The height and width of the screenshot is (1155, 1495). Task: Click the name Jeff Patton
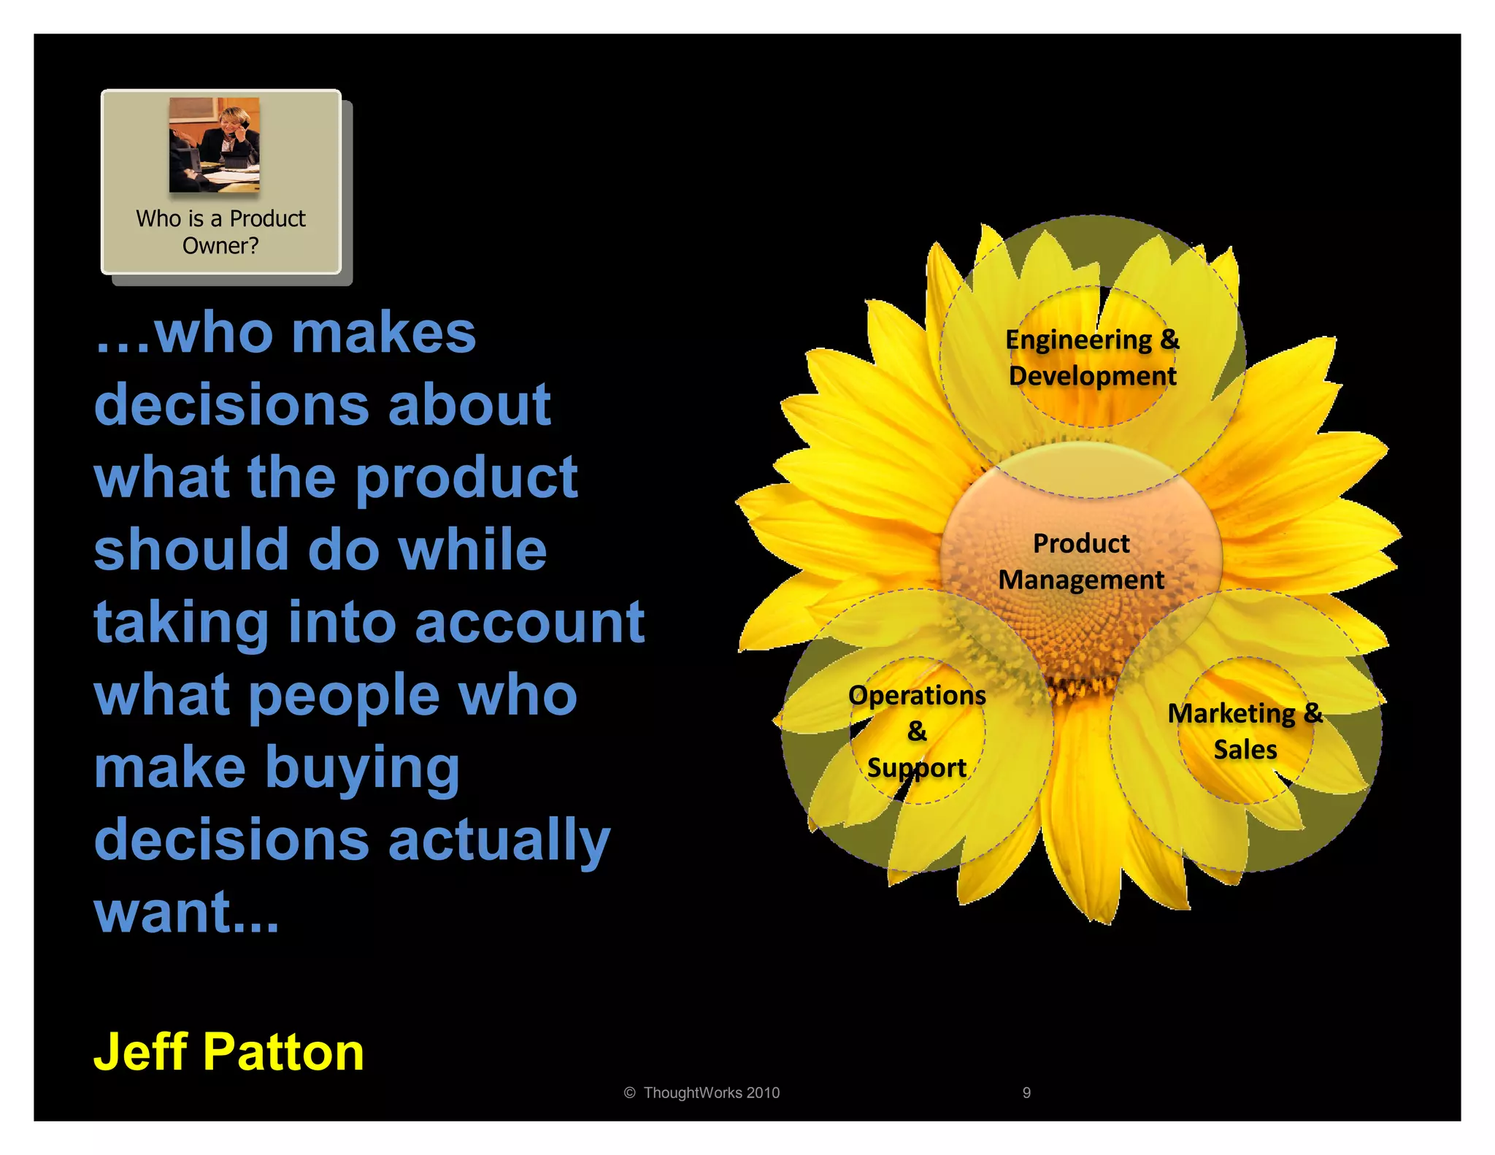coord(228,1052)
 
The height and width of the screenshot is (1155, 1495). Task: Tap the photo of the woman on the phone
coord(214,145)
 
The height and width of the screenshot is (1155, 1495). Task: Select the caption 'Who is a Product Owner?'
coord(220,232)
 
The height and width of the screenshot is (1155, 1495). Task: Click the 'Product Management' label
coord(1081,561)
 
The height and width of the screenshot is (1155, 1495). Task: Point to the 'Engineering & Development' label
coord(1092,358)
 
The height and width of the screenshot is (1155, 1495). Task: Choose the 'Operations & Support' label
coord(917,731)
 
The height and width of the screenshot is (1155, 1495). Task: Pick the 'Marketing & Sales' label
coord(1245,731)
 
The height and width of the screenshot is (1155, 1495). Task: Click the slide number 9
coord(1026,1093)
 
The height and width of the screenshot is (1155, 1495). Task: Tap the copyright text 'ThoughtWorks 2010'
coord(711,1093)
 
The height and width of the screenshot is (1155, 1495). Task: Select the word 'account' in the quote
coord(530,622)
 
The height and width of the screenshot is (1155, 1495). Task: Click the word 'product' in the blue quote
coord(467,477)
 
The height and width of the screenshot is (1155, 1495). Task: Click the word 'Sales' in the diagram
coord(1245,750)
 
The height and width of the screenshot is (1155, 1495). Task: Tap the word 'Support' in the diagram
coord(917,768)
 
